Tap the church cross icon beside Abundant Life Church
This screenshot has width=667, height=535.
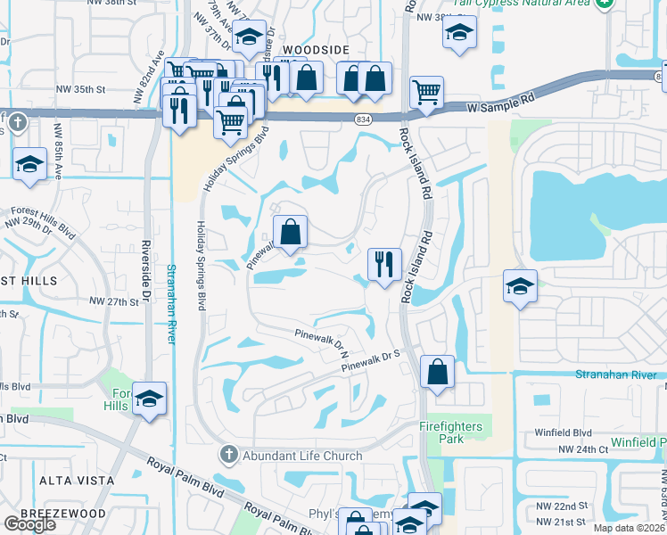click(228, 455)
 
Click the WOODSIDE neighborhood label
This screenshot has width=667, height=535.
click(315, 51)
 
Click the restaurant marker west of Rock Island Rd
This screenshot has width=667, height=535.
click(384, 264)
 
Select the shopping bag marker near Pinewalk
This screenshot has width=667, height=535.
click(290, 233)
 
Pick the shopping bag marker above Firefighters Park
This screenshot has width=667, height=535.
click(437, 372)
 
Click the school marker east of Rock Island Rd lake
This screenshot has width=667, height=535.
click(520, 287)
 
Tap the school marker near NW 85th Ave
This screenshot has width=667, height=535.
click(29, 164)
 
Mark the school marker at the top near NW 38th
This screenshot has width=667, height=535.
click(459, 33)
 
